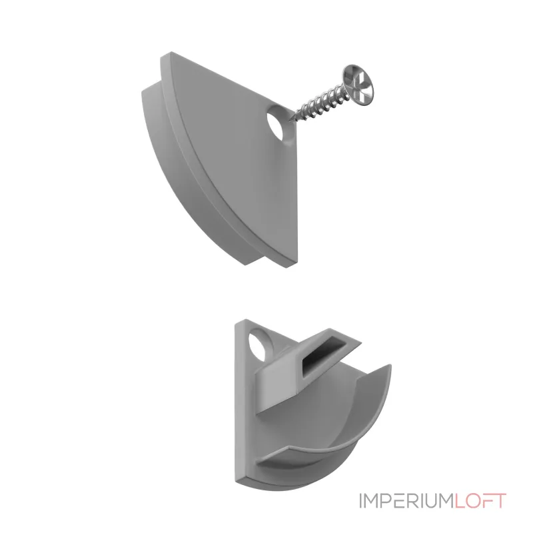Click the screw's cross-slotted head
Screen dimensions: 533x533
point(358,85)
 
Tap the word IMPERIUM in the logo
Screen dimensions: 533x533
point(406,501)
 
